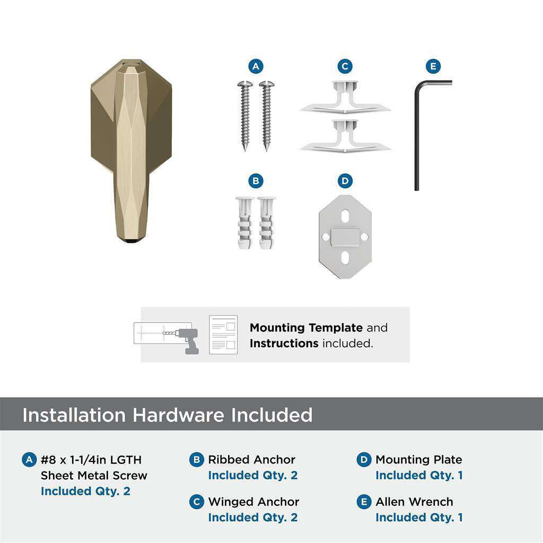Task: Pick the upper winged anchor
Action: (345, 98)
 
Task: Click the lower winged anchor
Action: (345, 137)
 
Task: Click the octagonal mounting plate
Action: (345, 237)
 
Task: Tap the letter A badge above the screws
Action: (256, 66)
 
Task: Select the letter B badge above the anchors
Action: (256, 181)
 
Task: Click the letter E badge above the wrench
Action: (433, 66)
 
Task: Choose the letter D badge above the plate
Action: (345, 181)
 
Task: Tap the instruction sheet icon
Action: (223, 335)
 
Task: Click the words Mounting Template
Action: (306, 328)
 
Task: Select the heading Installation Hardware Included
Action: (167, 415)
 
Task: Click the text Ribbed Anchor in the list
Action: (251, 460)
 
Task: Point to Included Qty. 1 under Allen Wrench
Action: (419, 518)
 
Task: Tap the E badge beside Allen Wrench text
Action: (364, 502)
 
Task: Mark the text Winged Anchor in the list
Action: (253, 502)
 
